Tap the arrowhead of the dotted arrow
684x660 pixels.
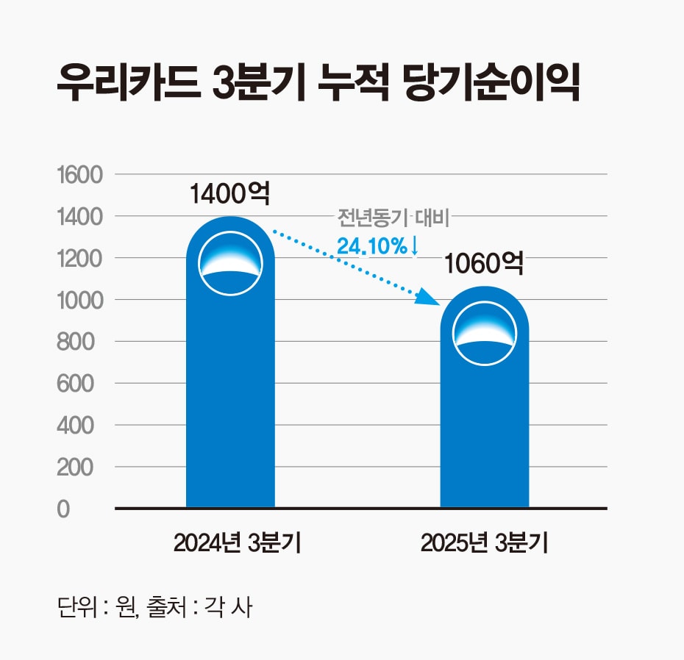(x=426, y=298)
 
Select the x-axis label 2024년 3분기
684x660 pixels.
(x=230, y=544)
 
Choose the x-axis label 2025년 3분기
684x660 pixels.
(x=484, y=544)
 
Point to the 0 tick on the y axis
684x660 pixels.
(x=64, y=509)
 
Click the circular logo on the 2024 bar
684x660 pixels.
(x=230, y=263)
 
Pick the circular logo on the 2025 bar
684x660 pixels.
(x=484, y=333)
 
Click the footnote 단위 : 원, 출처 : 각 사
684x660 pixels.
(x=154, y=608)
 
